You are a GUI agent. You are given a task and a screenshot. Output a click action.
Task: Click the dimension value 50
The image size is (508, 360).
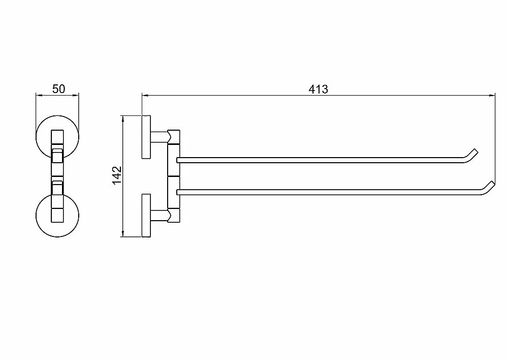coord(58,88)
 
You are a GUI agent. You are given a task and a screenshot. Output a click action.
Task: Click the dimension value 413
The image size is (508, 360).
coord(318,89)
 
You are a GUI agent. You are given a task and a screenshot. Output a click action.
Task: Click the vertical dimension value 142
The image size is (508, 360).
coord(117,175)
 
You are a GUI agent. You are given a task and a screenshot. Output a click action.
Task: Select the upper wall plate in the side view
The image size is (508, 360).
coord(146,137)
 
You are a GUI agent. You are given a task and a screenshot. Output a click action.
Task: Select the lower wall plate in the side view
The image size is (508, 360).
coord(146,216)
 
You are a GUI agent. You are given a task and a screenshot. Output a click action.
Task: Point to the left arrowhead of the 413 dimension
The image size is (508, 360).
coord(145,96)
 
